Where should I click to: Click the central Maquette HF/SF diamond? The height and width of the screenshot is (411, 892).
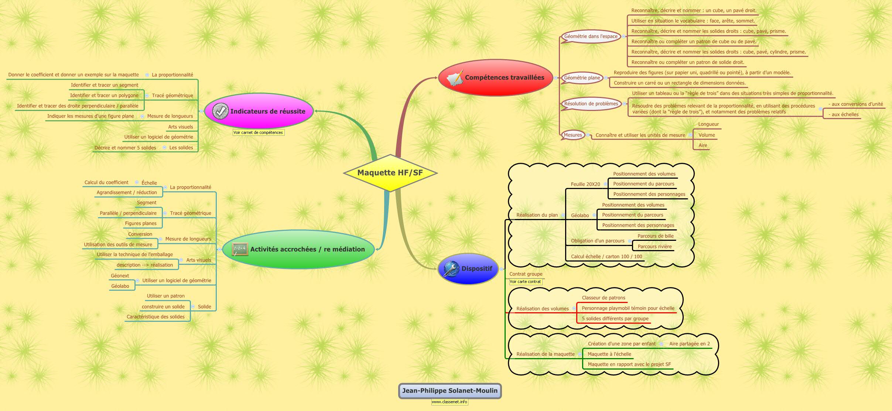pyautogui.click(x=390, y=173)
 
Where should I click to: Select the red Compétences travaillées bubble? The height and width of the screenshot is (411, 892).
pyautogui.click(x=496, y=78)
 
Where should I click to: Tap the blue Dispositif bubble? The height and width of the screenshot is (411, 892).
pyautogui.click(x=468, y=269)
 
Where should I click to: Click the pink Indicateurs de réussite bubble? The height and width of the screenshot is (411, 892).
pyautogui.click(x=259, y=111)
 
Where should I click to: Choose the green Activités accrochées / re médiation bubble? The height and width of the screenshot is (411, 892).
pyautogui.click(x=298, y=249)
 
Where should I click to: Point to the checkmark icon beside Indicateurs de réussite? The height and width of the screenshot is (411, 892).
pyautogui.click(x=221, y=111)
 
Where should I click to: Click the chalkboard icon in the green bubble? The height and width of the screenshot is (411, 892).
pyautogui.click(x=240, y=249)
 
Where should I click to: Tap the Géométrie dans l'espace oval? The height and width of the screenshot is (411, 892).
pyautogui.click(x=591, y=36)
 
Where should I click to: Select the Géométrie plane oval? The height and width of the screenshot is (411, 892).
pyautogui.click(x=582, y=78)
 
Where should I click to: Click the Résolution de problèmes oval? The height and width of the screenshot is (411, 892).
pyautogui.click(x=591, y=104)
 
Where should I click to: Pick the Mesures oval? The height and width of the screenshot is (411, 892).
pyautogui.click(x=573, y=135)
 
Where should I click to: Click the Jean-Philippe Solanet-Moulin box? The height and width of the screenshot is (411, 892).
pyautogui.click(x=450, y=391)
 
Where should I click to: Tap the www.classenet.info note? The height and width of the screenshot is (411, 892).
pyautogui.click(x=450, y=402)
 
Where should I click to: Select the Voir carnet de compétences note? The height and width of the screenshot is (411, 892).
pyautogui.click(x=258, y=132)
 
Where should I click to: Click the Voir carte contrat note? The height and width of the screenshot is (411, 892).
pyautogui.click(x=525, y=282)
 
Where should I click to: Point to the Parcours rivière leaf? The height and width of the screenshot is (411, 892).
pyautogui.click(x=655, y=246)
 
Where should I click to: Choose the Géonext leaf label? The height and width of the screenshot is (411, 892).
pyautogui.click(x=120, y=276)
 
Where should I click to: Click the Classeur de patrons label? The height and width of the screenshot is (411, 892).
pyautogui.click(x=604, y=298)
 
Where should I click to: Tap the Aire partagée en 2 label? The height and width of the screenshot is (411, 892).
pyautogui.click(x=690, y=344)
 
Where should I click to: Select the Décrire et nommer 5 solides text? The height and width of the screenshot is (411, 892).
pyautogui.click(x=125, y=148)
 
